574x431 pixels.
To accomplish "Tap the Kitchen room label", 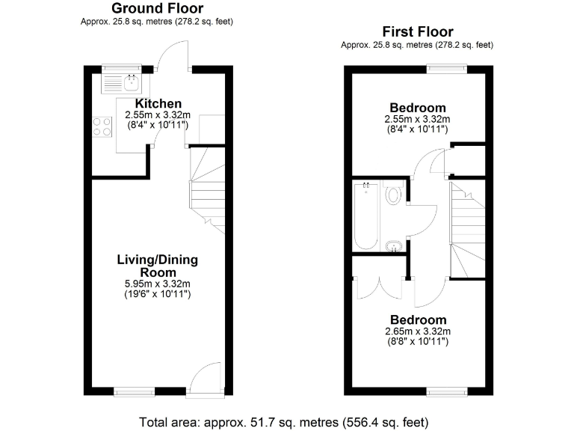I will [158, 103].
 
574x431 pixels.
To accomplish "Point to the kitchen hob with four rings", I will [102, 127].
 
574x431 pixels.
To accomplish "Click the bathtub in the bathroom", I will [366, 216].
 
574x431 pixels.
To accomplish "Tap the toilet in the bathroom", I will [394, 195].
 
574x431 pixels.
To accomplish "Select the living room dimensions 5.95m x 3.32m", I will [157, 284].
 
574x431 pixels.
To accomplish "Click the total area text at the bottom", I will [284, 421].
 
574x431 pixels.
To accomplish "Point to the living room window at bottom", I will [135, 391].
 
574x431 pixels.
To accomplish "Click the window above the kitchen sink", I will [122, 69].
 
